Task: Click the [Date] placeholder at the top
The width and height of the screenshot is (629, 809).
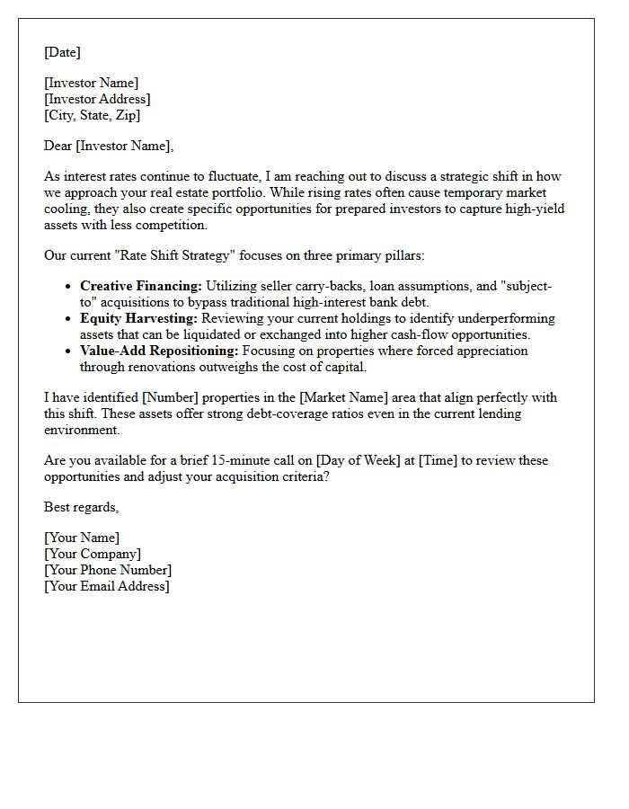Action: click(62, 52)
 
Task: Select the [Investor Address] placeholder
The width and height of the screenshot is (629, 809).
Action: click(97, 99)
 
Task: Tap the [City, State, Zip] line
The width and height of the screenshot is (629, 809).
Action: click(92, 115)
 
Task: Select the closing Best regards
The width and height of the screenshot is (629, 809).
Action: click(81, 507)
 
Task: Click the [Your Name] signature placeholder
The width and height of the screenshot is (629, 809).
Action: click(82, 538)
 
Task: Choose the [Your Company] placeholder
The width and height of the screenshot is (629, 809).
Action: click(93, 554)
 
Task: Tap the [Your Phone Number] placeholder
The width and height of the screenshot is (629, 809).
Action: click(108, 570)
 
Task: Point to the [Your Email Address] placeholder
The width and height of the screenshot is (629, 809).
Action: click(107, 586)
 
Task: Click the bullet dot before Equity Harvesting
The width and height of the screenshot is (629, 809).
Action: click(68, 319)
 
